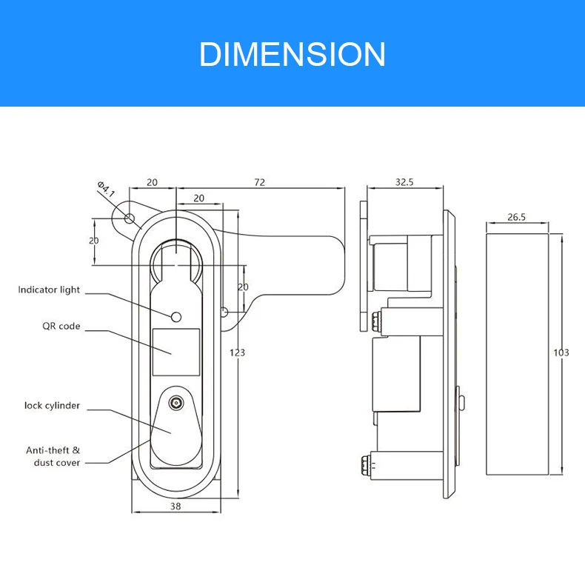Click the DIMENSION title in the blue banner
coord(292,55)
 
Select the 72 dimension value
coord(259,182)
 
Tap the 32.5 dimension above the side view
coord(404,181)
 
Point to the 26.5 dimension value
coord(516,217)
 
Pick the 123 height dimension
coord(237,352)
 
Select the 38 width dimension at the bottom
coord(175,507)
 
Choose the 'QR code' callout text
coord(61,326)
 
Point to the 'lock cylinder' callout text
coord(52,406)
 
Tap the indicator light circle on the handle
coord(176,317)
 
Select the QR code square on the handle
coord(176,352)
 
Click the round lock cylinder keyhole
coord(176,404)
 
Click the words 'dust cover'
coord(57,463)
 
